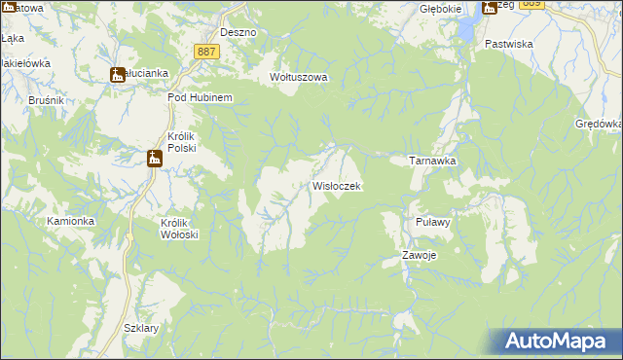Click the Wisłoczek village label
tap(337, 185)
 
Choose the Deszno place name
tap(238, 32)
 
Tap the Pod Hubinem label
tap(199, 98)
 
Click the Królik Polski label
tap(182, 142)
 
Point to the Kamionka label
tap(70, 221)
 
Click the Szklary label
tap(141, 328)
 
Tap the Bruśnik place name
tap(18, 99)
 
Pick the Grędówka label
tap(598, 125)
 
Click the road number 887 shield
tap(205, 51)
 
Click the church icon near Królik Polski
tap(155, 159)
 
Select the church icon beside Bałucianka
tap(118, 74)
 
